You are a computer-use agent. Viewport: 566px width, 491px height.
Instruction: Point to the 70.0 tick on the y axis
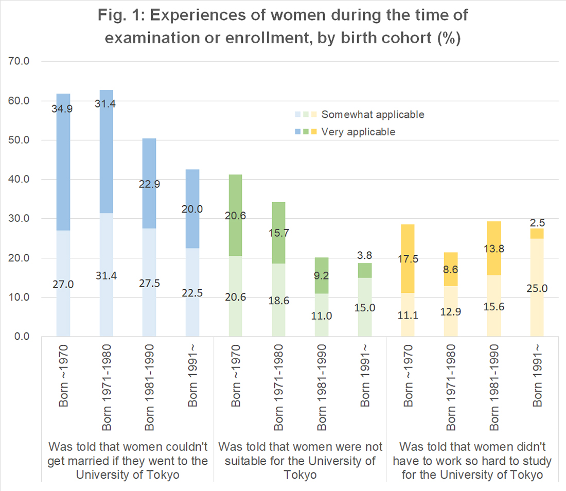click(x=20, y=61)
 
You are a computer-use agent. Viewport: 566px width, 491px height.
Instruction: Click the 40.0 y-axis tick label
click(x=20, y=179)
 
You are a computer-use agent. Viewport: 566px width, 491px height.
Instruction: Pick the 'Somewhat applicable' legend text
click(x=373, y=114)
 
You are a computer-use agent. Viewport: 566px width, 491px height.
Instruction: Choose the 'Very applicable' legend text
click(x=358, y=132)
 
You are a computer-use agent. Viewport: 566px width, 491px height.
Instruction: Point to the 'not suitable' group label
click(x=300, y=460)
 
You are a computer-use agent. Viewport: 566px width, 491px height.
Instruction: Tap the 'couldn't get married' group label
click(x=128, y=460)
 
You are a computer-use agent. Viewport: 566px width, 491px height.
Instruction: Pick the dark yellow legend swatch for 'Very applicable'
click(x=314, y=132)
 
